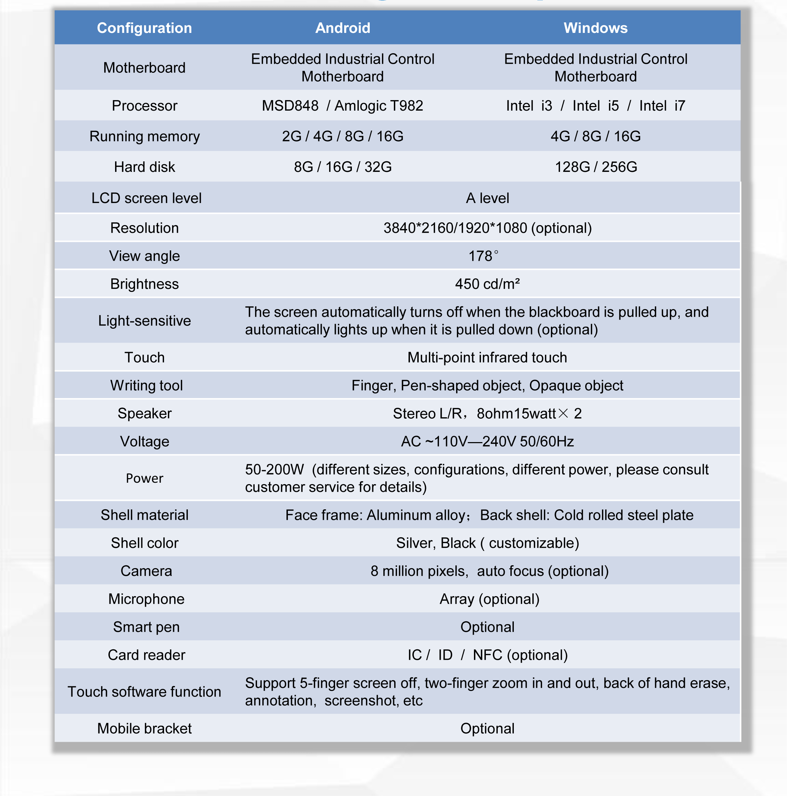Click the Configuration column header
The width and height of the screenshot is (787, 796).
[144, 28]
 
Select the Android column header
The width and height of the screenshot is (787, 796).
[342, 28]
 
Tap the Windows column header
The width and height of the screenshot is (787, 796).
[595, 28]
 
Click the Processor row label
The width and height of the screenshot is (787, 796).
[144, 106]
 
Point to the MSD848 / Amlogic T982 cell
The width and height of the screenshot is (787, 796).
[342, 106]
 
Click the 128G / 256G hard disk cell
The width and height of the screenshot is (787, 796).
[596, 167]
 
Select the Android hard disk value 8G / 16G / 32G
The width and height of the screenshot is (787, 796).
[342, 167]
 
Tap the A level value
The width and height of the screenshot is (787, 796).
[487, 198]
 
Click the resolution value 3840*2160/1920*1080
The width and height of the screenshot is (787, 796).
[487, 228]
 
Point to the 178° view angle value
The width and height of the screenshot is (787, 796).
[483, 256]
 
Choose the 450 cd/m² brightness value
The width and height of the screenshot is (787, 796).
[487, 284]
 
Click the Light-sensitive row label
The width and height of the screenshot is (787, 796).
[144, 321]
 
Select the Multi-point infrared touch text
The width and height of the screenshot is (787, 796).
[487, 357]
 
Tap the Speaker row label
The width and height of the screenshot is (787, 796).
[144, 413]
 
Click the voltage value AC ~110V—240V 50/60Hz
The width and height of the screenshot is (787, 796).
[487, 441]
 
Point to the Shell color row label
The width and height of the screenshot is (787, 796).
[144, 543]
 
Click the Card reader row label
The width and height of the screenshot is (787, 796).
[146, 655]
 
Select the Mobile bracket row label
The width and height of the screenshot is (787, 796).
[144, 728]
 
